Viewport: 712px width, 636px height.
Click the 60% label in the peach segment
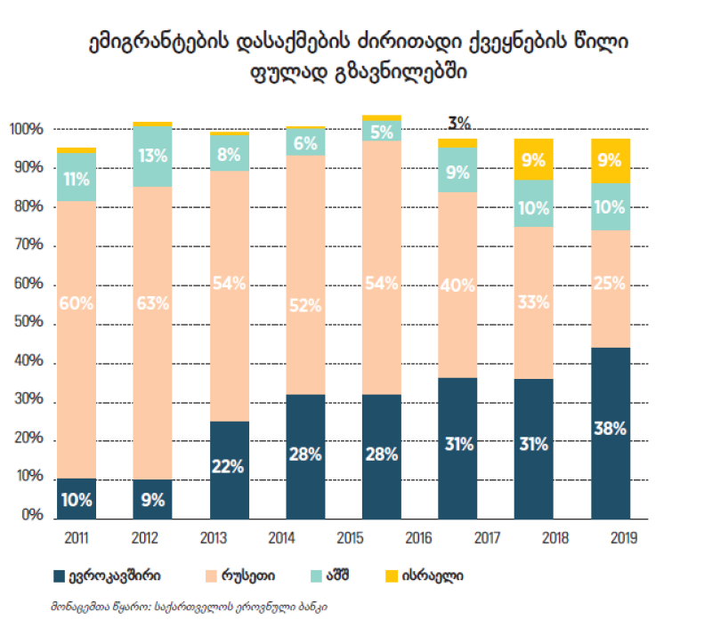77,303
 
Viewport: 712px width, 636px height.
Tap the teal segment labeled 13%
152,157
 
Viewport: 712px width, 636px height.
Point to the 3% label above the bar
459,123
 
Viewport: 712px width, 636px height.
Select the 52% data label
305,305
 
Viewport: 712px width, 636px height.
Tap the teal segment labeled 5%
381,132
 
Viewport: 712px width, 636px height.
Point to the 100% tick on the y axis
26,130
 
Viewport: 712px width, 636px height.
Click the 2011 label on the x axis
77,537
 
